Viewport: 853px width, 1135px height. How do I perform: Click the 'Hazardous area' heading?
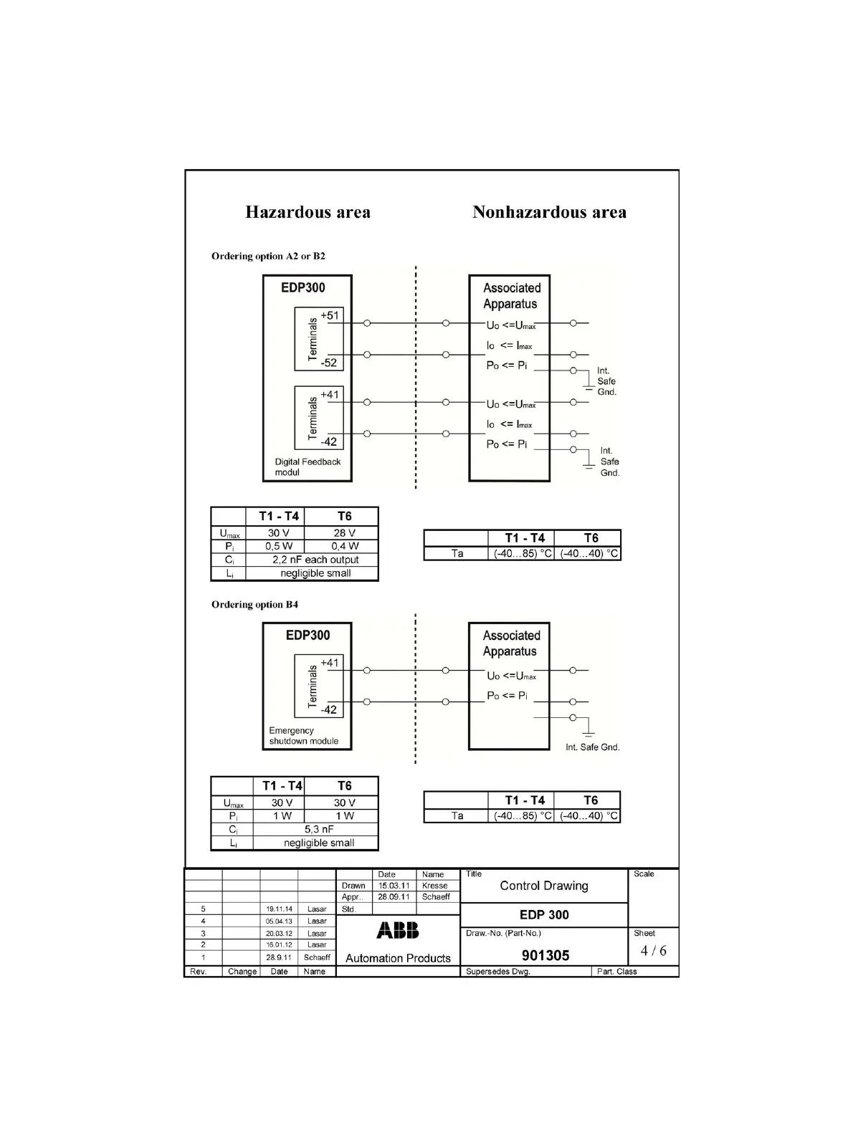(308, 212)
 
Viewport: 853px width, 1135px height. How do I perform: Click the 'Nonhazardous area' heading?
(549, 212)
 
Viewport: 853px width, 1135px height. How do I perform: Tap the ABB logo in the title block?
(398, 930)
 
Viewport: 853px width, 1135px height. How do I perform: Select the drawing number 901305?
(545, 955)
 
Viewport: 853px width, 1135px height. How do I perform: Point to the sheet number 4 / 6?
(653, 951)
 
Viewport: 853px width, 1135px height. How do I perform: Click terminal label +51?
(330, 315)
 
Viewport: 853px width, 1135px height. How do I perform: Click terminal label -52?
(329, 363)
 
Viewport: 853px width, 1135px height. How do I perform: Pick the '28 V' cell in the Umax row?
(344, 533)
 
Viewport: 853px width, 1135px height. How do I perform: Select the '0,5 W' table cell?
(279, 546)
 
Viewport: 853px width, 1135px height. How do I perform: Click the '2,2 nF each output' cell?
(315, 560)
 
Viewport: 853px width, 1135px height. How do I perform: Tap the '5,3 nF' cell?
(319, 829)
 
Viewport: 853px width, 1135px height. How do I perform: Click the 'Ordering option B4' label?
(254, 604)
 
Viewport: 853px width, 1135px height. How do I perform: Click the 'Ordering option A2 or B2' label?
(268, 256)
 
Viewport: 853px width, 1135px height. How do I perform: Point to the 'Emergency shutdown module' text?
(303, 736)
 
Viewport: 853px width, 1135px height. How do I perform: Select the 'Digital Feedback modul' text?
(308, 466)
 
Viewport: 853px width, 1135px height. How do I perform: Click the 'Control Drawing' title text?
(544, 886)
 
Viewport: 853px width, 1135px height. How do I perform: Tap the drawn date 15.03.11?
(394, 886)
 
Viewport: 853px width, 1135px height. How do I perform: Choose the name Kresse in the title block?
(434, 886)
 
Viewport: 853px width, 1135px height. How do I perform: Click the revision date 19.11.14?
(279, 909)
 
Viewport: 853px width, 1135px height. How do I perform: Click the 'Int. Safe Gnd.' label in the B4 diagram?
(592, 747)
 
